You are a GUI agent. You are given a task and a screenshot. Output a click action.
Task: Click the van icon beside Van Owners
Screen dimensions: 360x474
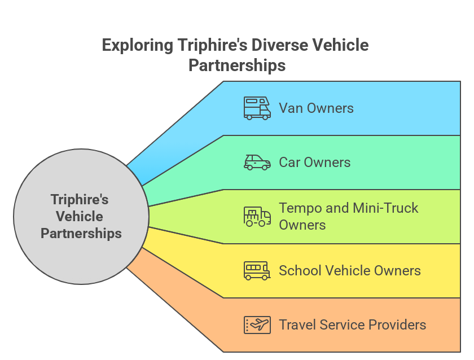pos(257,108)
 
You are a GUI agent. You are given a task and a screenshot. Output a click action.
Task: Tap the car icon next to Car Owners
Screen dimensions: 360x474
pos(257,163)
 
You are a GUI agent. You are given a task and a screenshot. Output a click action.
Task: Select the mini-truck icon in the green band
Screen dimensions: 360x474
pos(257,217)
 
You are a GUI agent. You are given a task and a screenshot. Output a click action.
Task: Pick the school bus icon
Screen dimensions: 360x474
pos(257,270)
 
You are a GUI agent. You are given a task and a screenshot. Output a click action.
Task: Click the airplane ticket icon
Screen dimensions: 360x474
pos(257,325)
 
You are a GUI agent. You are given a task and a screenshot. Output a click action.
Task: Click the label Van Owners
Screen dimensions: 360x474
pos(316,108)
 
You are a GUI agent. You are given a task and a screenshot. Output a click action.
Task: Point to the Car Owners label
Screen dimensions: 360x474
pos(314,163)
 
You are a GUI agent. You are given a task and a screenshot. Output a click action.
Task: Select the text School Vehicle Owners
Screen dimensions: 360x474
pos(349,271)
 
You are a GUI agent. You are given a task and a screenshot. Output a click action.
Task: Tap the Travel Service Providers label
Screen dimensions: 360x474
pos(352,325)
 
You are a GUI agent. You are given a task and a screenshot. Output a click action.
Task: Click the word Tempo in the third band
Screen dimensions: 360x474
pos(299,208)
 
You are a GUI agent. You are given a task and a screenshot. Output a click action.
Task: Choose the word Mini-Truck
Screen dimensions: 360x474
pos(385,208)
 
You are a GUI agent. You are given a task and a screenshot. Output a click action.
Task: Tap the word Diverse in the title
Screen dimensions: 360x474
pos(278,45)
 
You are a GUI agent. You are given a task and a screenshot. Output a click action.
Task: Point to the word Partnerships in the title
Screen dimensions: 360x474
pos(237,65)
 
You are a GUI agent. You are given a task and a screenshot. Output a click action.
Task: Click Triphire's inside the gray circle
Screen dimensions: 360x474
pos(80,200)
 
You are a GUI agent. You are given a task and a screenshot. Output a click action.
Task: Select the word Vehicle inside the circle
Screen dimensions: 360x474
pos(80,217)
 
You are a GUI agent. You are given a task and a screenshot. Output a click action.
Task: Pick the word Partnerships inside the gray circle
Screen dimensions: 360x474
pos(81,233)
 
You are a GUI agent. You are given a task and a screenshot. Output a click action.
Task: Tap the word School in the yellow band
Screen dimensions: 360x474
pos(297,271)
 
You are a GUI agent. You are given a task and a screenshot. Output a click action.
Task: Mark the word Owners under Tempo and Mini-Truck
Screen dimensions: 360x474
pos(302,225)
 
